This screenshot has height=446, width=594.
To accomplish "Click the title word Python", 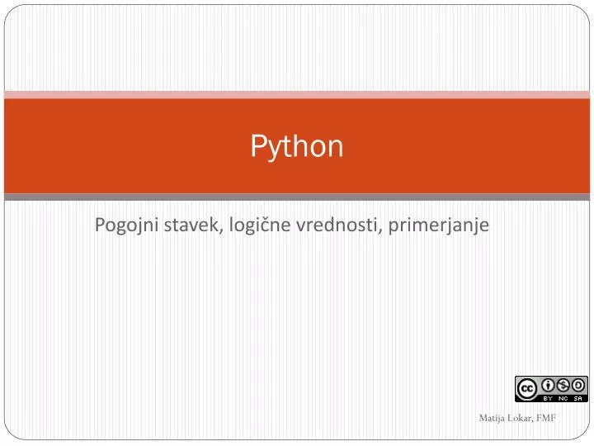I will click(x=297, y=147).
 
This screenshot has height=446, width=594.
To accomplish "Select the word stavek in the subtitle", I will click(x=190, y=224).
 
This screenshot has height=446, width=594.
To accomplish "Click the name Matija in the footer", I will click(x=492, y=418).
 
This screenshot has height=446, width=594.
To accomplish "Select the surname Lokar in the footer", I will click(x=519, y=418).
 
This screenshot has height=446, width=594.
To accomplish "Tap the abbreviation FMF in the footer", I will click(x=545, y=418).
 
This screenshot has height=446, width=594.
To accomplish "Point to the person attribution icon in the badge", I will click(x=548, y=384).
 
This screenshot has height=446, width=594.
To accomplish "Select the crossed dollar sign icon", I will click(x=563, y=384).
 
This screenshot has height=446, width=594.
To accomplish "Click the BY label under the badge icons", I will click(x=548, y=397).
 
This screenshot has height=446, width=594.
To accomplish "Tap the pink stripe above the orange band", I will click(x=297, y=94).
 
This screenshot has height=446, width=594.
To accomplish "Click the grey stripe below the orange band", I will click(x=297, y=197).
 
